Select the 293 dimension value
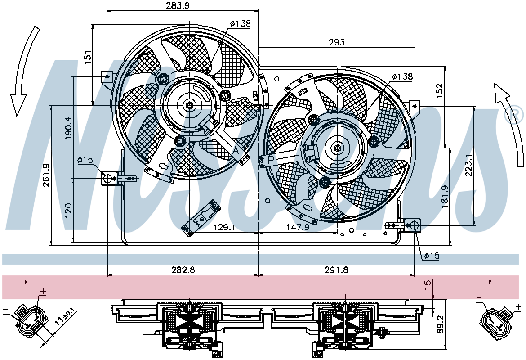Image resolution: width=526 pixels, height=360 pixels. pos(336,42)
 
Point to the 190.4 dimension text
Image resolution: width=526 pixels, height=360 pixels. pos(68,128)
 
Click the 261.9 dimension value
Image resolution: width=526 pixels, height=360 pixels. pos(46,175)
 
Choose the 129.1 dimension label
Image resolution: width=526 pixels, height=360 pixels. pos(224,227)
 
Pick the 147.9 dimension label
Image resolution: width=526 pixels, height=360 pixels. pos(297,227)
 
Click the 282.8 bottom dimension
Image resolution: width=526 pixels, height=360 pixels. pos(183,270)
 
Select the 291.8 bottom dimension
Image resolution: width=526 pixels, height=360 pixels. pos(336,270)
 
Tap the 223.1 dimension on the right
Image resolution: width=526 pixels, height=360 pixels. pos(468,165)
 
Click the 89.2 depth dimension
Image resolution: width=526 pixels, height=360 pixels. pos(441,324)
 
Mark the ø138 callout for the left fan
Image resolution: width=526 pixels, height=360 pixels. pos(240,23)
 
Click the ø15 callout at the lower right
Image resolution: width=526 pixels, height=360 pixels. pos(432,256)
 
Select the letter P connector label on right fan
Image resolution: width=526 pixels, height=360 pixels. pos(272,159)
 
